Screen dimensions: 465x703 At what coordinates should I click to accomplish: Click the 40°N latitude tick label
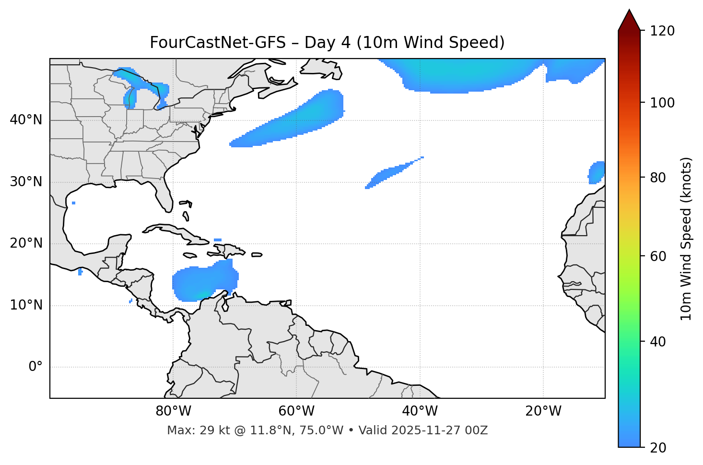coord(26,120)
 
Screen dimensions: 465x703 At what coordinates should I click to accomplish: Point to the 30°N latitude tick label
coord(26,182)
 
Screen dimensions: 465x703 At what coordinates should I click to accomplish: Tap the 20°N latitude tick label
coord(26,243)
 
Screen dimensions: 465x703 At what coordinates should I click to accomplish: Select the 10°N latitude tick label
coord(26,305)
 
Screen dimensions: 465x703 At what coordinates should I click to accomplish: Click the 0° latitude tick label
coord(35,367)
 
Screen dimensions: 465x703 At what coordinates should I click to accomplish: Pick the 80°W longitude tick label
coord(173,411)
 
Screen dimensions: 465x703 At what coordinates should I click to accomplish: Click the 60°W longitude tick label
coord(296,411)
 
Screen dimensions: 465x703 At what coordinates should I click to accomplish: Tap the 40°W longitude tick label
coord(420,411)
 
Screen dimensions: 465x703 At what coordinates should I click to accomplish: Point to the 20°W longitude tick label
coord(543,411)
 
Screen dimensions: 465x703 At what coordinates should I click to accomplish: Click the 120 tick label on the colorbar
coord(662,31)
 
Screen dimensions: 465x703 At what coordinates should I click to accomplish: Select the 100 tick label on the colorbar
coord(662,103)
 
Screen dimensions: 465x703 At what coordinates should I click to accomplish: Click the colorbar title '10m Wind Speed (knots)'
coord(686,238)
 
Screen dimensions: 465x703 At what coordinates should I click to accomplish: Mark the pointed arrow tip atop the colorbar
coord(629,11)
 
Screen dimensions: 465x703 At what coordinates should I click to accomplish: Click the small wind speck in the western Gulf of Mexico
coord(73,203)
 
